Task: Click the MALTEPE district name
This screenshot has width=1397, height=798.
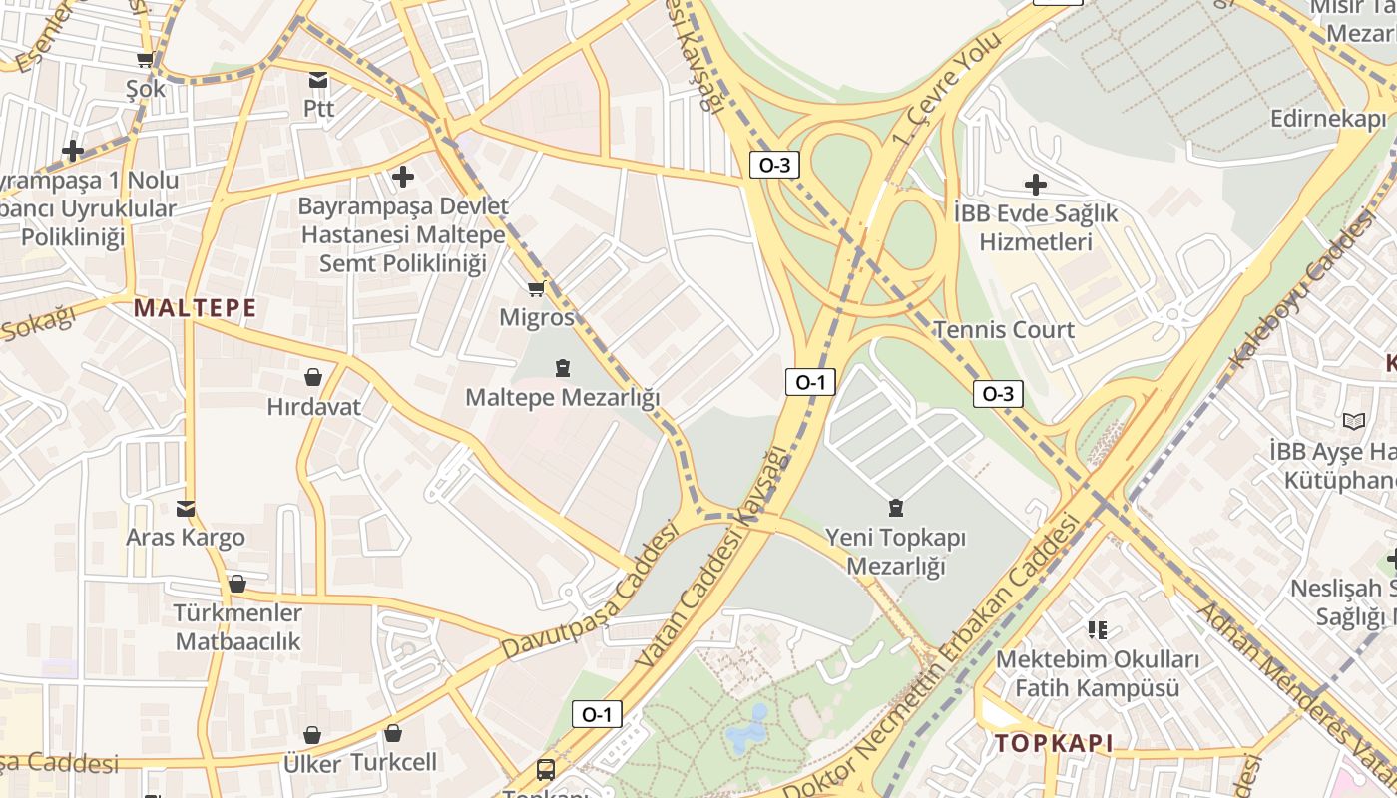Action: (x=196, y=308)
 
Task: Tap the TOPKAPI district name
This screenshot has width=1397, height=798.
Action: (x=1053, y=743)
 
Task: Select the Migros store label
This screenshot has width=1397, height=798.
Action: (x=538, y=317)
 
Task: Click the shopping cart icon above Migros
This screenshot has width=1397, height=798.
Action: (x=536, y=289)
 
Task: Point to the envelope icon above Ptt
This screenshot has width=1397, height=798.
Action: (x=318, y=80)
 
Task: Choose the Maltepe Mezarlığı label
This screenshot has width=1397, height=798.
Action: (x=563, y=397)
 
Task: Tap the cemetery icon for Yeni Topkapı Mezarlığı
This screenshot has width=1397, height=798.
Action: (x=895, y=508)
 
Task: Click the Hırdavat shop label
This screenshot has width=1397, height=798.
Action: (x=313, y=407)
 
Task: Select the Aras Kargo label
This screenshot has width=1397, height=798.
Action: (x=185, y=538)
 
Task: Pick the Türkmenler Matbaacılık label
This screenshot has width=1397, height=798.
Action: (x=237, y=626)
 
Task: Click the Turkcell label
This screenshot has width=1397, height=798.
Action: (x=393, y=763)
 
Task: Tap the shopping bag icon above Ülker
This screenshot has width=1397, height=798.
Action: (x=312, y=735)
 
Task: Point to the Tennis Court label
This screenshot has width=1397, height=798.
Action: (x=1004, y=330)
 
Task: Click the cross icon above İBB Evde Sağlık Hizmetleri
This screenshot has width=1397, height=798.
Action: (x=1036, y=184)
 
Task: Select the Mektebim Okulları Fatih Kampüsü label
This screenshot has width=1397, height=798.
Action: (x=1098, y=674)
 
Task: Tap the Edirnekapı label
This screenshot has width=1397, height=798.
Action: (x=1328, y=119)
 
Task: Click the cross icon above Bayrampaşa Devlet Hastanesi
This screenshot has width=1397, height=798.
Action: (x=403, y=177)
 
